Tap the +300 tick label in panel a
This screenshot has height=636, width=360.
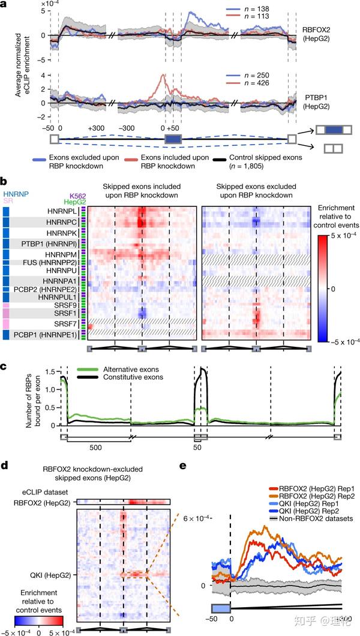click(96, 128)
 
